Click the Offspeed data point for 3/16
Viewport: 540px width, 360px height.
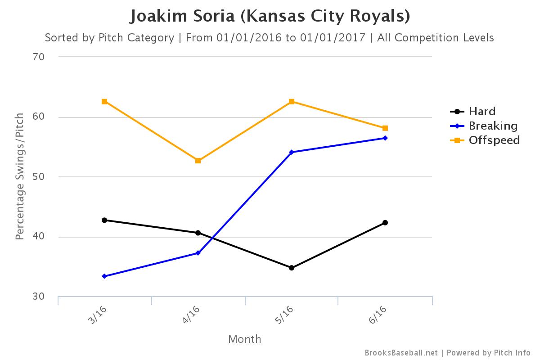coord(104,102)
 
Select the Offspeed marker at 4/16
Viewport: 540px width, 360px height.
coord(198,161)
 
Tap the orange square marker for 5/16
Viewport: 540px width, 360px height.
coord(292,102)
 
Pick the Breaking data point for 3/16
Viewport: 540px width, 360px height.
coord(104,276)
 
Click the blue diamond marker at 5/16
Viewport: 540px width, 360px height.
coord(292,152)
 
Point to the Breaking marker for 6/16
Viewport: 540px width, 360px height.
coord(385,138)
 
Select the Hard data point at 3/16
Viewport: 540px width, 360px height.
coord(104,220)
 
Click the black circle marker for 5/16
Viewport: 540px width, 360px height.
coord(292,268)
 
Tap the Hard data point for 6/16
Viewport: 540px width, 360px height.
coord(385,223)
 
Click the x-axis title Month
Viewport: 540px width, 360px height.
coord(244,339)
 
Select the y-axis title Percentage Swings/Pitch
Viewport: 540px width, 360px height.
coord(20,176)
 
